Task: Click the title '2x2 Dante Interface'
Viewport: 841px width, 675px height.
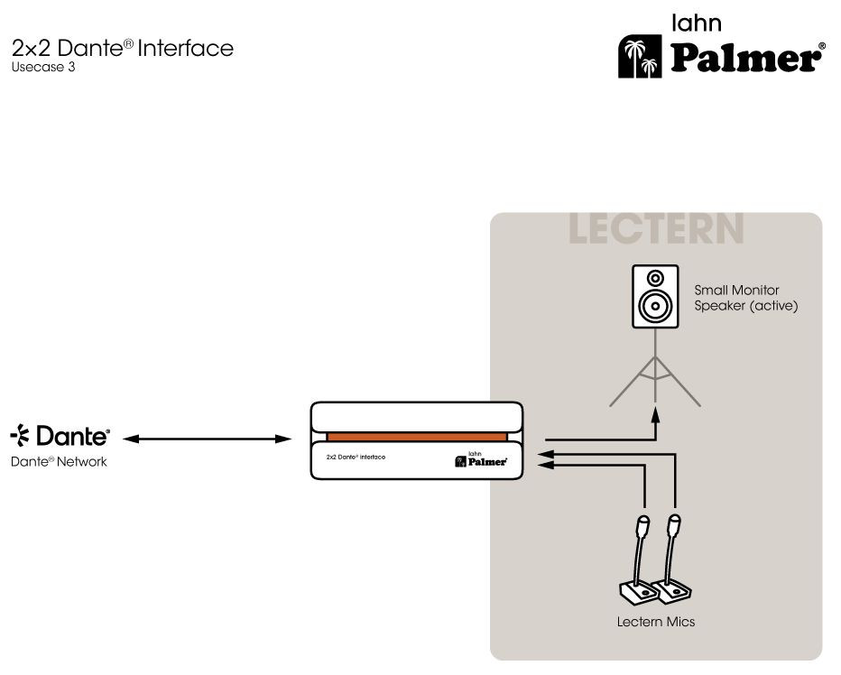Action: coord(123,48)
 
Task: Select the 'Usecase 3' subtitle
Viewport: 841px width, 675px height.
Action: coord(43,67)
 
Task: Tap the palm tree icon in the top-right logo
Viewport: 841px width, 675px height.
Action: coord(638,58)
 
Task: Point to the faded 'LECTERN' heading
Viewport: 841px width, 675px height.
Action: coord(656,229)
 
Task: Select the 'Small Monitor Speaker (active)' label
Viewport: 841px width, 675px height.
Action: coord(745,299)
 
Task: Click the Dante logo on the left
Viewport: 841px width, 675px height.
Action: coord(60,438)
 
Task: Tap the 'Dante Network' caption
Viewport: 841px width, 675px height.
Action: coord(59,462)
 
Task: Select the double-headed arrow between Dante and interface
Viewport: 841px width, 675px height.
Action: coord(208,439)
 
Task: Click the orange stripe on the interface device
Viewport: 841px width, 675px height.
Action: coord(416,438)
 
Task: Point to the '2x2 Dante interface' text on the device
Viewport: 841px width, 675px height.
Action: coord(356,458)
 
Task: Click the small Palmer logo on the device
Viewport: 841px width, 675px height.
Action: coord(482,460)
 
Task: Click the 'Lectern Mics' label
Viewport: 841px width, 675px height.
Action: coord(656,622)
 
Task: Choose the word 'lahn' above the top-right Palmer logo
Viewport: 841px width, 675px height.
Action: coord(698,23)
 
